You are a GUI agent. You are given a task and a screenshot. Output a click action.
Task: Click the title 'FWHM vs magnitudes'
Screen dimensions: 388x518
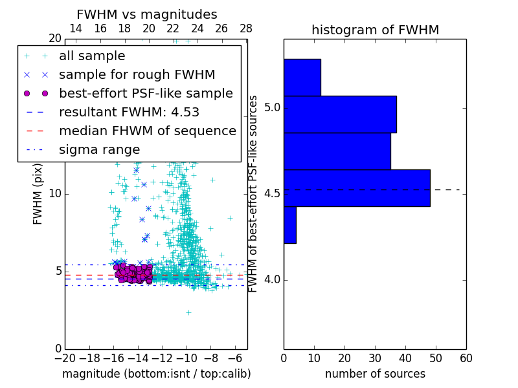pos(147,15)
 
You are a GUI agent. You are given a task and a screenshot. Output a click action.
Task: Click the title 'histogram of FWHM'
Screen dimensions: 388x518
pos(375,30)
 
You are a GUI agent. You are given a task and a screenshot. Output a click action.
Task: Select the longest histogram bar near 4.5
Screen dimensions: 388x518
pos(357,188)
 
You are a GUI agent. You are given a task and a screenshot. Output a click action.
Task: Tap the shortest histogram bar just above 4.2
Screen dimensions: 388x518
pos(289,224)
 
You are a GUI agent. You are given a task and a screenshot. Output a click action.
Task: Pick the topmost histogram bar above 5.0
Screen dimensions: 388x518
pos(302,77)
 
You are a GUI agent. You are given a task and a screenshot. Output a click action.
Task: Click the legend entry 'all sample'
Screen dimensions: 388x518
pos(92,56)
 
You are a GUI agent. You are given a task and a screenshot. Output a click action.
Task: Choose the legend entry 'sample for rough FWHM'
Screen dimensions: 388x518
pos(137,75)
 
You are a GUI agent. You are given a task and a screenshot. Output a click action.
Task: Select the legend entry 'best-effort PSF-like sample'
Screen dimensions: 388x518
pos(146,94)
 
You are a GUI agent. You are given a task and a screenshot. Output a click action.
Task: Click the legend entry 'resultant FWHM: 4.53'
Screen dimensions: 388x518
pos(129,113)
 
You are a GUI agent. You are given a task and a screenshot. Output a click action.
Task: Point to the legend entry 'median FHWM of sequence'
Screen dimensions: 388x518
pos(147,131)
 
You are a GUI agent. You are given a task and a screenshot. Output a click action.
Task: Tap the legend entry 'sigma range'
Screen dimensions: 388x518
pos(99,150)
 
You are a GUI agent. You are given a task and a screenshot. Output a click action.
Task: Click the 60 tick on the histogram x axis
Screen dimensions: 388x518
pos(466,358)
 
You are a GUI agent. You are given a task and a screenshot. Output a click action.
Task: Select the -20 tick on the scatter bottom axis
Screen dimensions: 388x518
pos(65,358)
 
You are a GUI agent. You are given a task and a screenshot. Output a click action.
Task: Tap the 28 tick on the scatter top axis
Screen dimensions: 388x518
pos(246,28)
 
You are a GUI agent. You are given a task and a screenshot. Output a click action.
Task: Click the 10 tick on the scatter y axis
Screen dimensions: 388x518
pos(54,194)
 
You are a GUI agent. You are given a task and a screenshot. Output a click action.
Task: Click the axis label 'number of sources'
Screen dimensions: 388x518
pos(375,374)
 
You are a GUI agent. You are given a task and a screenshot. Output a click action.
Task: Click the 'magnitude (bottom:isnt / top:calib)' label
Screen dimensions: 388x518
pos(156,374)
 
